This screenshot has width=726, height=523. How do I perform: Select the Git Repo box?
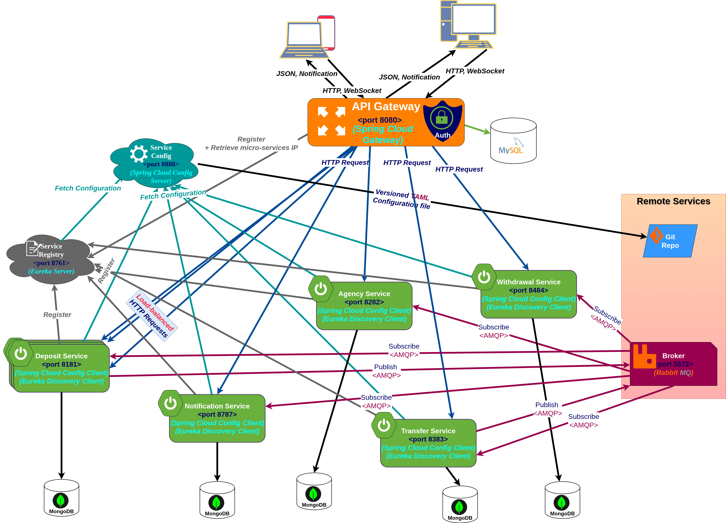(670, 241)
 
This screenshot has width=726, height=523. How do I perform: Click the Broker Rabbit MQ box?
(673, 364)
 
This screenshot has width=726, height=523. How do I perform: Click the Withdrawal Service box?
(528, 294)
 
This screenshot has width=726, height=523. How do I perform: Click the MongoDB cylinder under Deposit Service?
(61, 498)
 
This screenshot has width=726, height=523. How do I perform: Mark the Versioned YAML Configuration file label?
(401, 199)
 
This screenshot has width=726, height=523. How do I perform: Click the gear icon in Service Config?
(139, 154)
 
